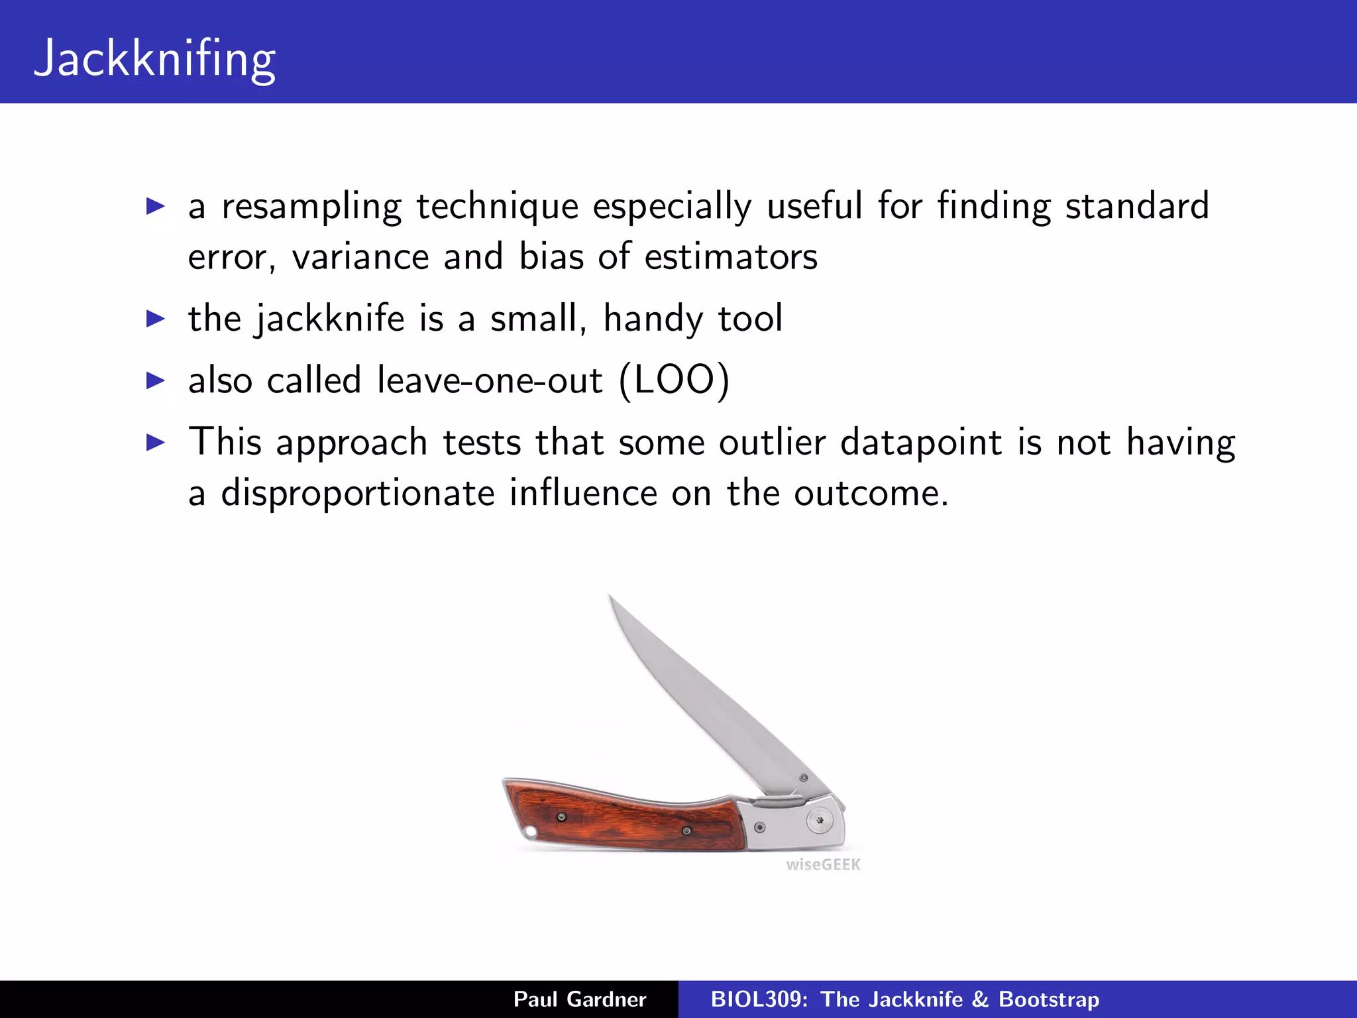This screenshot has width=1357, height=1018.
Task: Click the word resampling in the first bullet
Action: pyautogui.click(x=311, y=207)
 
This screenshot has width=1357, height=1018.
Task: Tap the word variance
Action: pyautogui.click(x=360, y=257)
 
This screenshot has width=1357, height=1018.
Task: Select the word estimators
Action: pyautogui.click(x=731, y=257)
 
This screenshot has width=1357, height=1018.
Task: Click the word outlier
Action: pyautogui.click(x=773, y=443)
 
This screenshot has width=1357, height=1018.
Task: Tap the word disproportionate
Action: pyautogui.click(x=358, y=494)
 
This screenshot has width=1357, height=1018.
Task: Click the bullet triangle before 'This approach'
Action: pyautogui.click(x=155, y=443)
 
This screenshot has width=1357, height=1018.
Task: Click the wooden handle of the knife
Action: pyautogui.click(x=623, y=822)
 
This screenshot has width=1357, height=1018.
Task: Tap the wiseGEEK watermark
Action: pyautogui.click(x=823, y=864)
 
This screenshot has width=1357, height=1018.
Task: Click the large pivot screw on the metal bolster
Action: pyautogui.click(x=820, y=820)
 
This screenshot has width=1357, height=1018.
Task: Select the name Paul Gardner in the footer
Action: pyautogui.click(x=580, y=999)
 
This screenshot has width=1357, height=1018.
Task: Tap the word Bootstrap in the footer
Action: pyautogui.click(x=1048, y=999)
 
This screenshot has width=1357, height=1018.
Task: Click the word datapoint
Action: pyautogui.click(x=921, y=443)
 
